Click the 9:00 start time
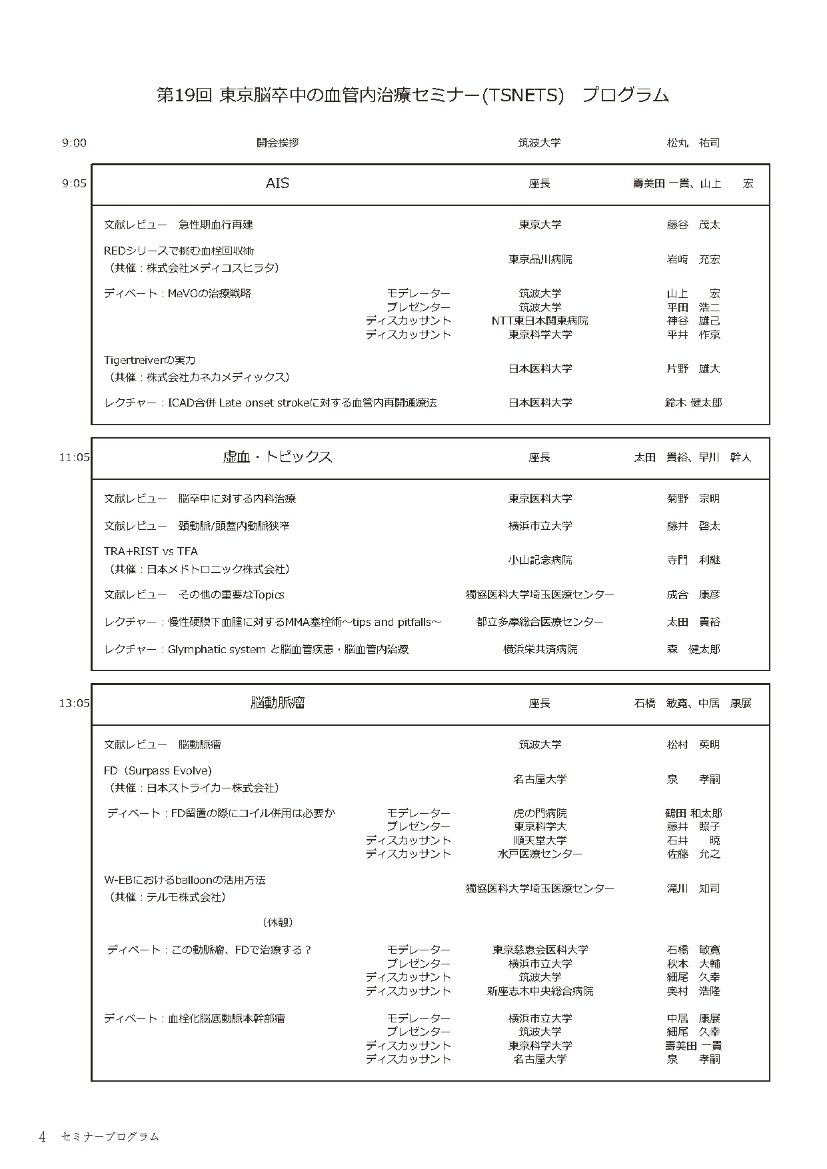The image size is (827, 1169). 74,143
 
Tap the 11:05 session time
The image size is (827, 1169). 74,457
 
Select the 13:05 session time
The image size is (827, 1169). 74,703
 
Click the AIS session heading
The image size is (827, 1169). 277,183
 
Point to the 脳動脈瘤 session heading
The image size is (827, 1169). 278,702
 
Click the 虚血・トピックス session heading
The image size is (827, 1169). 277,457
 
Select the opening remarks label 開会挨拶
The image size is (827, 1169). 278,143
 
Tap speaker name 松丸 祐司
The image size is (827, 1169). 693,143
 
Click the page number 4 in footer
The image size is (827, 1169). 42,1137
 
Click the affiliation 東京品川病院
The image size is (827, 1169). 540,259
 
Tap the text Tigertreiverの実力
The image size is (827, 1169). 150,360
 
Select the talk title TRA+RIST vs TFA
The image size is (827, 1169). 151,551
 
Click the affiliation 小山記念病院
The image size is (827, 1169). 540,560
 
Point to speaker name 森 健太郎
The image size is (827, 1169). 693,649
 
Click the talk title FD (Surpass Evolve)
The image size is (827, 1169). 158,770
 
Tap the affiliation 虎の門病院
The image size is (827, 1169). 540,813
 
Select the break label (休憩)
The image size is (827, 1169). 278,922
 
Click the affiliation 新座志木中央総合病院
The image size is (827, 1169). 540,991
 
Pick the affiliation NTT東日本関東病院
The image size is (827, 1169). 540,321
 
